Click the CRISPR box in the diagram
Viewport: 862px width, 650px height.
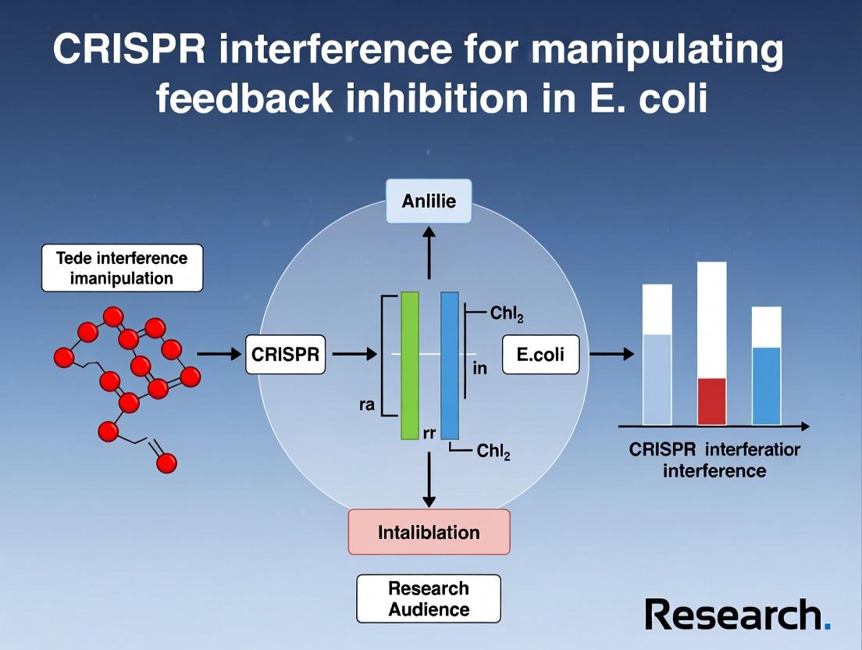coord(285,355)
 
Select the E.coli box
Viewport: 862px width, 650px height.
coord(541,355)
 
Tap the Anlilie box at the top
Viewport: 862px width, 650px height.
coord(429,201)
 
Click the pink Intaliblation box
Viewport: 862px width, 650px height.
coord(429,532)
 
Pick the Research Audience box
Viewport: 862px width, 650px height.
coord(429,598)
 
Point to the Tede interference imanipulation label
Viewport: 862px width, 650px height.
coord(122,268)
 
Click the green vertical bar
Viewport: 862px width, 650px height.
coord(410,366)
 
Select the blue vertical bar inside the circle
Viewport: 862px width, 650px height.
coord(450,366)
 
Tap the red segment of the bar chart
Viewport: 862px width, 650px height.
coord(711,401)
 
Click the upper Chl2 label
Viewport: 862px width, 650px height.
coord(507,314)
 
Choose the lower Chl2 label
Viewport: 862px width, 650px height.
coord(493,451)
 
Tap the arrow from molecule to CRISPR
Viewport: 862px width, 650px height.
coord(219,355)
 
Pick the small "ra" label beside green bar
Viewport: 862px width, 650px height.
coord(366,405)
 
